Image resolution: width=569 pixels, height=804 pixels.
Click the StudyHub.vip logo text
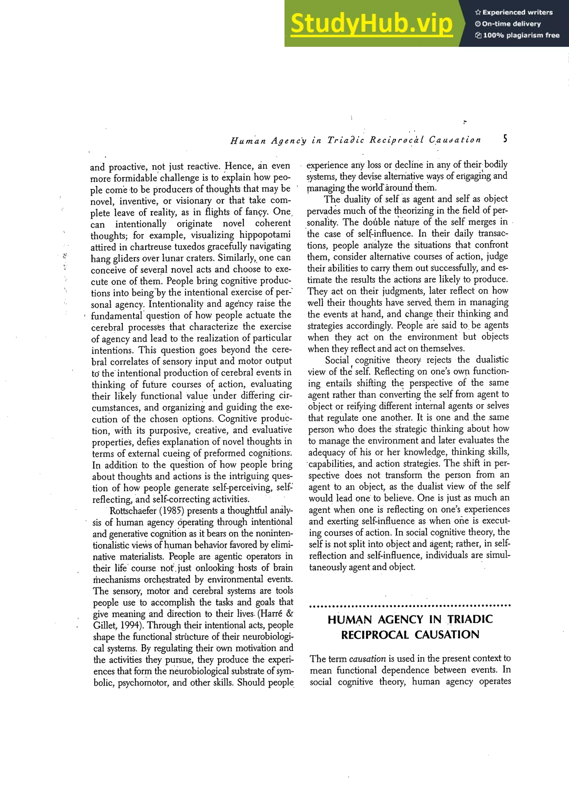click(371, 24)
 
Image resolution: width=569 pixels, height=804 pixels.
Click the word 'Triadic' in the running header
click(345, 140)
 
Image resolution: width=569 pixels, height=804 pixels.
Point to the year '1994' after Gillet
click(126, 625)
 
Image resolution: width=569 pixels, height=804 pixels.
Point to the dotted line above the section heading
click(410, 605)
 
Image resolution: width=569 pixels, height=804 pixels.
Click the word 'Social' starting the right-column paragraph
click(337, 360)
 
